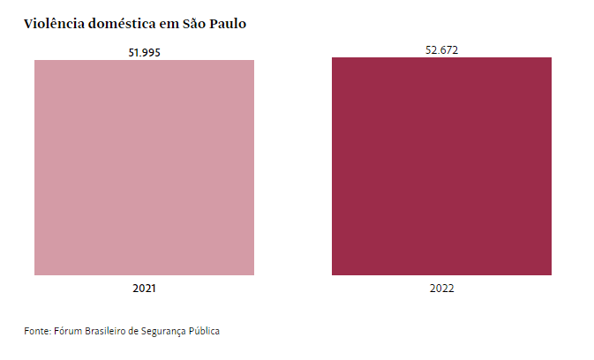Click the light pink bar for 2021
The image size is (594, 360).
(x=144, y=168)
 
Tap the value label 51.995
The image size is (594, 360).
(x=144, y=52)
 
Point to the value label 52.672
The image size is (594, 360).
(x=441, y=49)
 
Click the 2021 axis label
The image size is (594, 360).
(x=144, y=288)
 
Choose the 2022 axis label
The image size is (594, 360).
(x=441, y=288)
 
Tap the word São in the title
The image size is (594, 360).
(x=196, y=24)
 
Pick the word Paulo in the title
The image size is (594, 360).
(x=229, y=24)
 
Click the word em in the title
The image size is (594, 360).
(x=169, y=24)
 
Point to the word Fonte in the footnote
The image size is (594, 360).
(x=35, y=331)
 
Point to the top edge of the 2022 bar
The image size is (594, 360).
(x=441, y=58)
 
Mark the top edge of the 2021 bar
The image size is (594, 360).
(x=144, y=61)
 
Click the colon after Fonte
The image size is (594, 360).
(x=49, y=332)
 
